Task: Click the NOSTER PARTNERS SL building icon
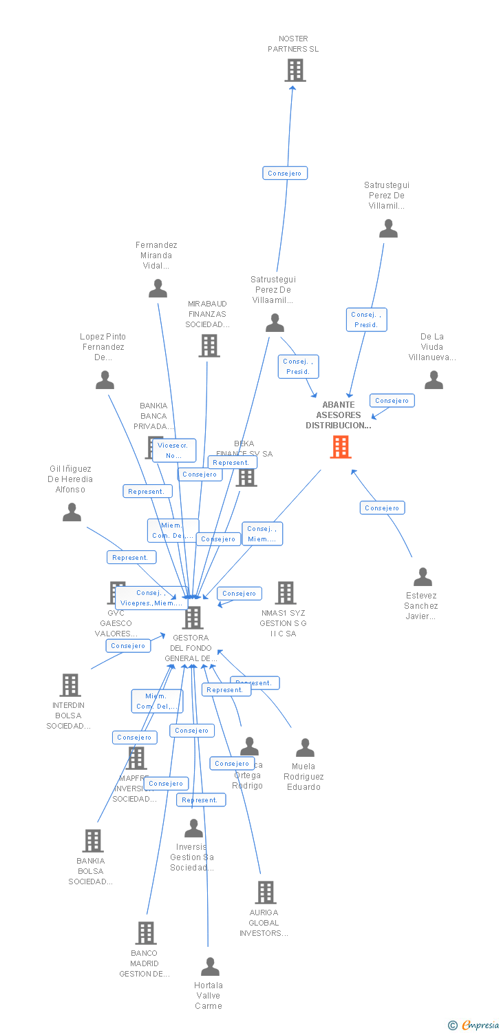click(x=295, y=70)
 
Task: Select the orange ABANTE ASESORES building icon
click(x=340, y=447)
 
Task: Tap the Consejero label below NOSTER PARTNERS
click(x=285, y=174)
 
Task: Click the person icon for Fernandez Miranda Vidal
click(x=158, y=289)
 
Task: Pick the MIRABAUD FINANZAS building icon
click(x=209, y=346)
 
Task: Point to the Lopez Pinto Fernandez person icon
click(x=105, y=380)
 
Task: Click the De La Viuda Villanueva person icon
click(x=434, y=380)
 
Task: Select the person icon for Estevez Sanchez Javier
click(x=423, y=577)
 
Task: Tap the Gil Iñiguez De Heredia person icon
click(x=72, y=512)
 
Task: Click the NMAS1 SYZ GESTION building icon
click(x=285, y=593)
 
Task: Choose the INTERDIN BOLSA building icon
click(x=70, y=685)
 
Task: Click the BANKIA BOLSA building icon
click(x=93, y=841)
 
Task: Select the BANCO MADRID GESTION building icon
click(x=145, y=933)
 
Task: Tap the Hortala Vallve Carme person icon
click(x=209, y=967)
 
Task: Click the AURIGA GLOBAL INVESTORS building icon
click(x=265, y=893)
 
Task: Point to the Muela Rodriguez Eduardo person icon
click(x=304, y=748)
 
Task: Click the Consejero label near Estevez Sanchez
click(x=382, y=508)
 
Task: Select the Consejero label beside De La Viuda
click(x=392, y=401)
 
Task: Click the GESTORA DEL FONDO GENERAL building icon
click(x=193, y=618)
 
